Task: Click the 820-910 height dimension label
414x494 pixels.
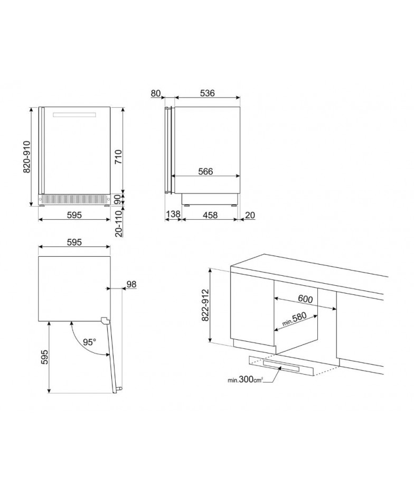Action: [x=27, y=156]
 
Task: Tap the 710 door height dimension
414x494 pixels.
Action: [x=118, y=156]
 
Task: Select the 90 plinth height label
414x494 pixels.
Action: [x=118, y=199]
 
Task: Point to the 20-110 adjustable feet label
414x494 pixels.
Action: [x=118, y=223]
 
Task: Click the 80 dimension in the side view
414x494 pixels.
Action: [x=156, y=94]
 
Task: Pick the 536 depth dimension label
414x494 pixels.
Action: [x=207, y=94]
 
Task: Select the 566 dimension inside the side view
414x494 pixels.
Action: [x=205, y=171]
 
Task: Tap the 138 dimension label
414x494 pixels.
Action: [x=173, y=214]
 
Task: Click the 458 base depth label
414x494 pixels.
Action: [x=210, y=215]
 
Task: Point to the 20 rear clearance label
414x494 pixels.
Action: [x=250, y=215]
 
